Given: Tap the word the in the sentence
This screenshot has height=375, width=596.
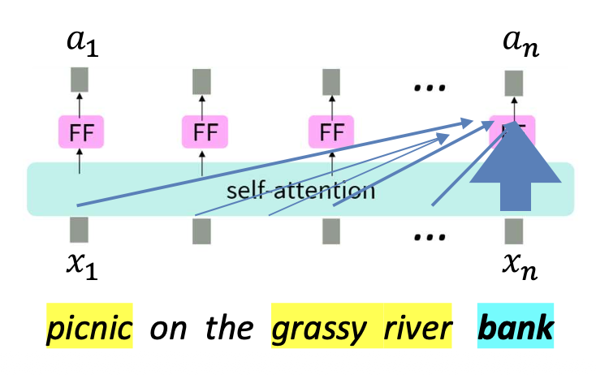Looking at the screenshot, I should [225, 327].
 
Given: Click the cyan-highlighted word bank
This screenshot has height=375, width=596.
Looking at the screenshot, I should [515, 327].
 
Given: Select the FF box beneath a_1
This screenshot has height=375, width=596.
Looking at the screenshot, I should [79, 131].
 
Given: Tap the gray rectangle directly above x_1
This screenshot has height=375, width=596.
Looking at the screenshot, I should [79, 231].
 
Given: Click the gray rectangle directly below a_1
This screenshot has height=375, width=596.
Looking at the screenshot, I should [79, 80].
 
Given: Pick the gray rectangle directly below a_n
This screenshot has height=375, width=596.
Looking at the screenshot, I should [513, 80].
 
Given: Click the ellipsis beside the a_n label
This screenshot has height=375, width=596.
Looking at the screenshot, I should [425, 87].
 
